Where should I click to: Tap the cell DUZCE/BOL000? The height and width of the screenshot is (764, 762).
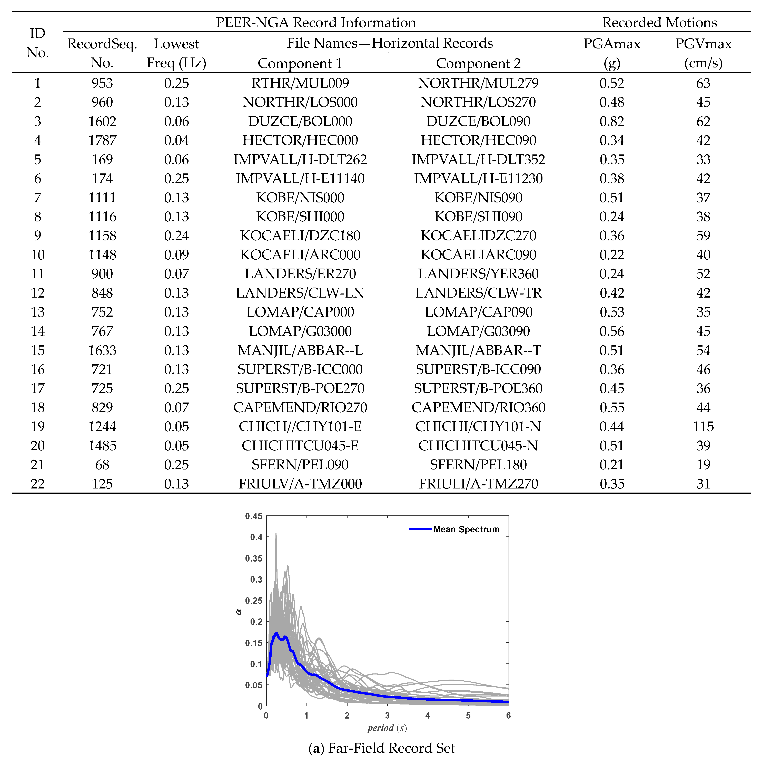tap(300, 121)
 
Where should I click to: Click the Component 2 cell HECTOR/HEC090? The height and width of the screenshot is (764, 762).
tap(478, 140)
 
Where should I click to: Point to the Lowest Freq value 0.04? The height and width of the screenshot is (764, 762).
tap(176, 140)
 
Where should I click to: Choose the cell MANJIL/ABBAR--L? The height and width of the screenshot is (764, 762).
tap(300, 350)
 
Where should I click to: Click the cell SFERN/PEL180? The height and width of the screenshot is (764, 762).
tap(478, 465)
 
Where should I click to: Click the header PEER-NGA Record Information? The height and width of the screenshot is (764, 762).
tap(315, 23)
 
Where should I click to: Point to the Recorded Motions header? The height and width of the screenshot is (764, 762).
tap(659, 23)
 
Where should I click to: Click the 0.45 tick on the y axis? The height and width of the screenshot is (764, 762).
tap(253, 516)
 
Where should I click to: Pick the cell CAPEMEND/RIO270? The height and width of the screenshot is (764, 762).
tap(300, 408)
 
